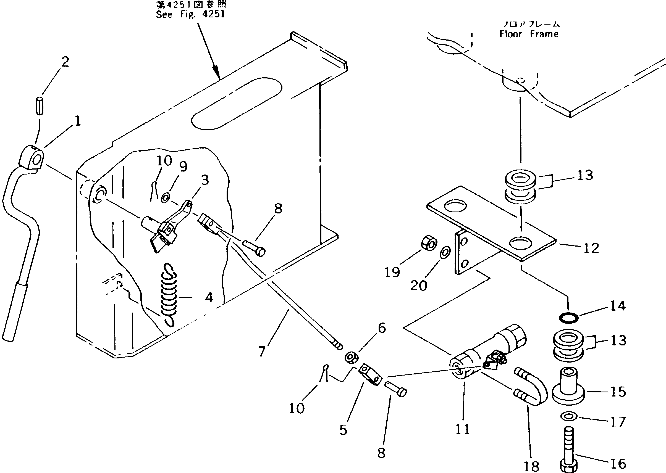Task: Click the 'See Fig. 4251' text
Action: pos(190,14)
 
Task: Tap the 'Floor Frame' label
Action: pos(529,34)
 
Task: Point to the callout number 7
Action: pos(262,352)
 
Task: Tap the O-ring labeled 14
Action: pos(569,318)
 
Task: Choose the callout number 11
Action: pos(463,429)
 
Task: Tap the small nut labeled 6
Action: pos(351,358)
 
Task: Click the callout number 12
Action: pos(591,248)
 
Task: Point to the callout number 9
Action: pos(183,167)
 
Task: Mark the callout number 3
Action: pos(205,180)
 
